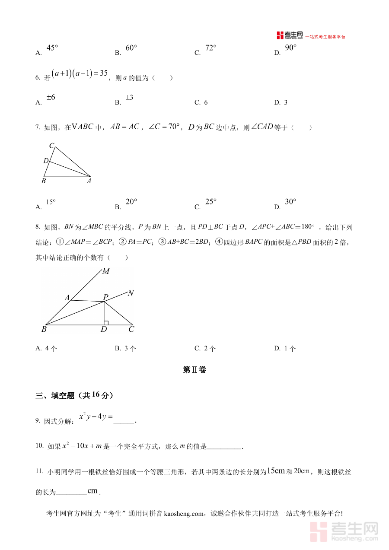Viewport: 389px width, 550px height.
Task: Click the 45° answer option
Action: click(x=51, y=48)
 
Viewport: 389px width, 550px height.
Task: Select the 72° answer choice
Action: click(x=210, y=48)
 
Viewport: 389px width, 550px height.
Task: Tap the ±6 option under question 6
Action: click(x=51, y=98)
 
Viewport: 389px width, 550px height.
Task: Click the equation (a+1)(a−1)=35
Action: click(x=80, y=74)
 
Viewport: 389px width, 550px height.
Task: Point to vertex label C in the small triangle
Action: click(x=51, y=146)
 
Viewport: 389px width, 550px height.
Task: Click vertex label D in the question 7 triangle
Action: click(x=45, y=161)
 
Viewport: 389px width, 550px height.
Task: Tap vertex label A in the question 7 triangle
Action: click(x=89, y=181)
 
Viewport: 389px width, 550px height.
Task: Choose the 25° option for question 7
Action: click(x=210, y=202)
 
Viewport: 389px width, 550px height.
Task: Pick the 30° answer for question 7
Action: click(x=290, y=202)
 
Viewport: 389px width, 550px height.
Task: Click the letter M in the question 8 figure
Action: click(x=105, y=271)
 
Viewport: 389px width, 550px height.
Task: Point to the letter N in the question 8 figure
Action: click(x=131, y=293)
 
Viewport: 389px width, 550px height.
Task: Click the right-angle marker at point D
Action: click(x=106, y=322)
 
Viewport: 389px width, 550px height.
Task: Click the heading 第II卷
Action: click(x=194, y=370)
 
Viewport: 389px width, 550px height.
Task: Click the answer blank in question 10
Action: click(x=224, y=448)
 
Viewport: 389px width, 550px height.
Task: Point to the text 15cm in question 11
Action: click(x=276, y=471)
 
